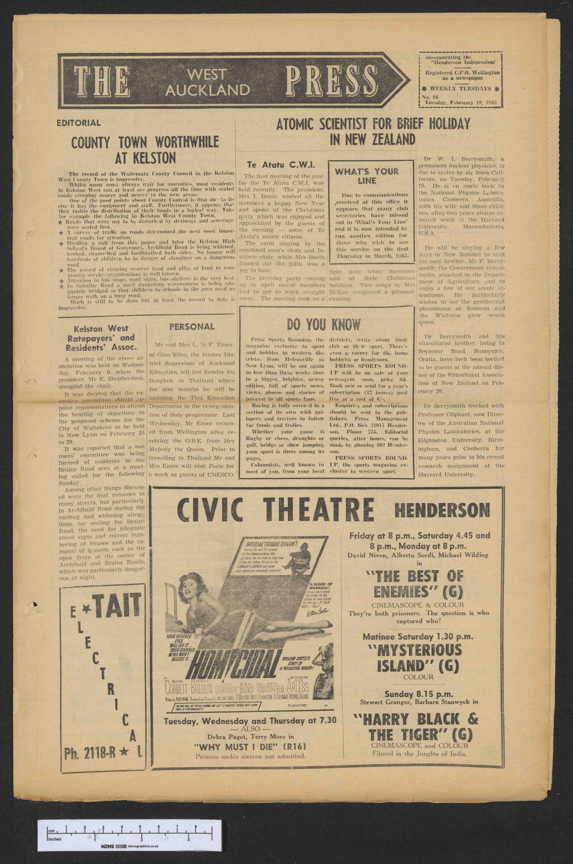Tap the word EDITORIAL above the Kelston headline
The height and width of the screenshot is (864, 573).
(79, 123)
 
